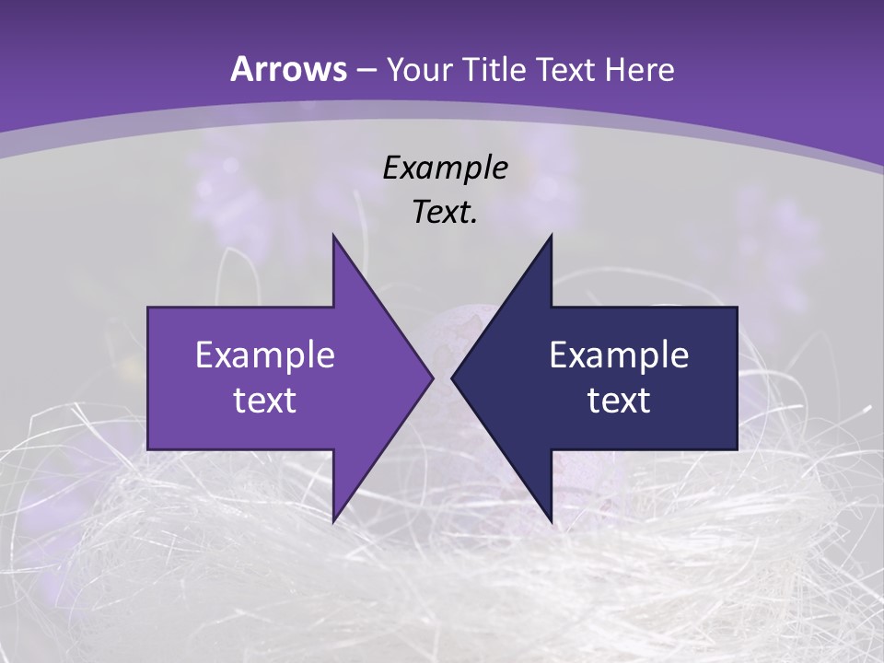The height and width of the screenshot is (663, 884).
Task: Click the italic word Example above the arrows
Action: tap(445, 168)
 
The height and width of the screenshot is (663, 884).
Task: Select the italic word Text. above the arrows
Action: tap(445, 213)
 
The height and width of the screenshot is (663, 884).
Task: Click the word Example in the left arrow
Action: tap(265, 355)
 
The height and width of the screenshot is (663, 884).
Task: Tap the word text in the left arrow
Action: tap(265, 401)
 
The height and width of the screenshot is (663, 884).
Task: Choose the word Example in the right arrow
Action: tap(619, 355)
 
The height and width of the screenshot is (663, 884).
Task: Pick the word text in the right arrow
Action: tap(619, 401)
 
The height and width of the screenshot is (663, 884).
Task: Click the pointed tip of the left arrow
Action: tap(432, 378)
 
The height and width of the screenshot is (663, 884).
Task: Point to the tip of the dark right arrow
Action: tap(453, 378)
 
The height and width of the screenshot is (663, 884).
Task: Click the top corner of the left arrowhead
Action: tap(333, 236)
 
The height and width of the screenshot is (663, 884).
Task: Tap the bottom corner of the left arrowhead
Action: tap(333, 521)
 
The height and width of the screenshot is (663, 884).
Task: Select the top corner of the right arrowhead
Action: tap(551, 236)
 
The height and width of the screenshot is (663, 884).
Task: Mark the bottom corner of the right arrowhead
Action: tap(551, 521)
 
